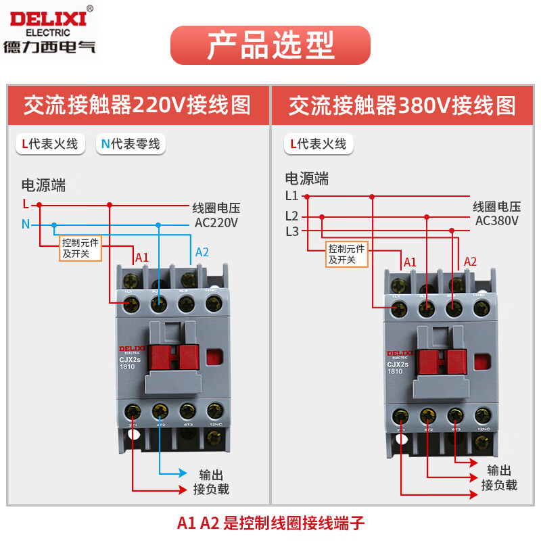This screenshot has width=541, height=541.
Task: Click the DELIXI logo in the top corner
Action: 49,29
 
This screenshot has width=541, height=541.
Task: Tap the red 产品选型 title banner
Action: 270,45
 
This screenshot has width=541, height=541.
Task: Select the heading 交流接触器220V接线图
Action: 137,105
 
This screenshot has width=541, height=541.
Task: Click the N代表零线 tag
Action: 131,143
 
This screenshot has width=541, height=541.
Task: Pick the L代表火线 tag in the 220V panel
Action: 50,143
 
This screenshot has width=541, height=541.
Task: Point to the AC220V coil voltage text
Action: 216,222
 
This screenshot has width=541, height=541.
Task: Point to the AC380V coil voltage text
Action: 497,220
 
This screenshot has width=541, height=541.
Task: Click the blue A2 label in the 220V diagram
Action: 202,252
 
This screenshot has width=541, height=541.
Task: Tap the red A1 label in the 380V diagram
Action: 410,262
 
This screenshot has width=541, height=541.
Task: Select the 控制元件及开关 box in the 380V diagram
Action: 347,254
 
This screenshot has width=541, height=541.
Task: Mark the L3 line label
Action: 291,231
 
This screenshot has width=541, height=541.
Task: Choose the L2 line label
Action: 291,216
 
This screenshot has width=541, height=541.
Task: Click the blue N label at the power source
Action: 26,225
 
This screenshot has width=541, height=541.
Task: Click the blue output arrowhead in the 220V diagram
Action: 182,473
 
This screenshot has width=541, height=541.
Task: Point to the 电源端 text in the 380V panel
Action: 306,179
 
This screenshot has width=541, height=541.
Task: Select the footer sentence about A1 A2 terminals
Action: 270,523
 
